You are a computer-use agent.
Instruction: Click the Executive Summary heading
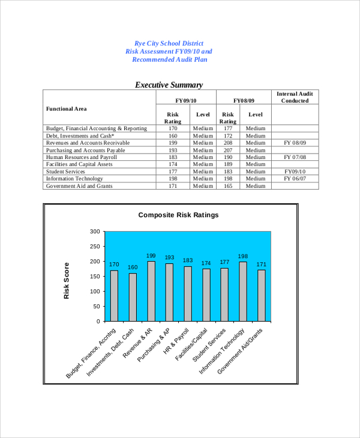pos(169,85)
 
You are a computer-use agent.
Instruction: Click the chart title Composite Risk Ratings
pos(179,215)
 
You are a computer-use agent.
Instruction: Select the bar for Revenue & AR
pos(151,291)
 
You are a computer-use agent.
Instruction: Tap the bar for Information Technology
pos(243,291)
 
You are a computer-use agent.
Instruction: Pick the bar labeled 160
pos(133,297)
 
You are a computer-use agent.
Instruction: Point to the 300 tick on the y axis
pos(94,231)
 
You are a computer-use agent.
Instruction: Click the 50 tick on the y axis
pos(96,306)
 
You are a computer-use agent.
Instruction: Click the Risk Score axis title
pos(67,281)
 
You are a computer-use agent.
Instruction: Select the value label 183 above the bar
pos(188,260)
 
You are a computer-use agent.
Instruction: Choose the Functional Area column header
pos(67,109)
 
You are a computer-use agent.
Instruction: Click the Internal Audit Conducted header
pos(295,97)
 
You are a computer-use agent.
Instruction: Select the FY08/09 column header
pos(244,101)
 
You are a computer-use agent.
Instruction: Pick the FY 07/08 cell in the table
pos(295,157)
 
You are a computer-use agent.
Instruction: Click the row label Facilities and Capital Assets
pos(79,164)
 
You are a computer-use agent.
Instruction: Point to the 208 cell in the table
pos(228,143)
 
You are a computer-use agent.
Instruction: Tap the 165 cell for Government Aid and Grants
pos(228,186)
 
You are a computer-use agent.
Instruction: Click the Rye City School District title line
pos(169,43)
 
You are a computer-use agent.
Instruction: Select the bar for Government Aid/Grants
pos(262,295)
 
